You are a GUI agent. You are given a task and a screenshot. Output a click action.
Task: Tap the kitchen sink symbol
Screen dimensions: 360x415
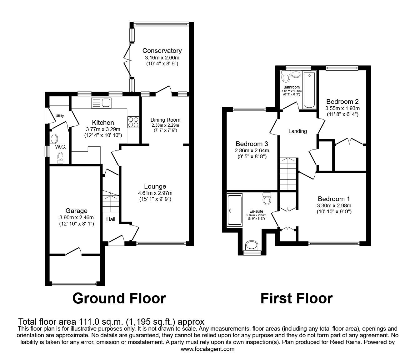[x=101, y=103]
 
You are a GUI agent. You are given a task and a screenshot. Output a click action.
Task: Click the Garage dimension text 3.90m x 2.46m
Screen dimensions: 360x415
[x=76, y=218]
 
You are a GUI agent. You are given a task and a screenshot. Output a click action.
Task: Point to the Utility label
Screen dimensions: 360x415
[x=60, y=116]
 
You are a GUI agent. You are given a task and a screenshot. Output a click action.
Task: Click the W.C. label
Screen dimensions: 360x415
[x=60, y=147]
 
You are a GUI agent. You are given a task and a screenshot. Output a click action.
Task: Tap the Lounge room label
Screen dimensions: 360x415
[x=155, y=187]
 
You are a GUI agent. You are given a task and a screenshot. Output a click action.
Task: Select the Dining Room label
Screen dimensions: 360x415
[x=165, y=120]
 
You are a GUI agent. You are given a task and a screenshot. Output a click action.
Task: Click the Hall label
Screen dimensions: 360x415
[x=110, y=219]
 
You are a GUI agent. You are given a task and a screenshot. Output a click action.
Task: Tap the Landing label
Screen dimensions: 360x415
[x=297, y=131]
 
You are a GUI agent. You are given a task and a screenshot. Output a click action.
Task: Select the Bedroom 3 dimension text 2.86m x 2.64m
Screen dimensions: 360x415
[x=252, y=150]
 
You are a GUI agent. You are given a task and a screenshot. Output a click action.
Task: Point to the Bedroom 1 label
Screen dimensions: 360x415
[x=334, y=199]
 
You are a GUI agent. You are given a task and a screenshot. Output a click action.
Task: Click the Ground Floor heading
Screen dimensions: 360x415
[x=119, y=298]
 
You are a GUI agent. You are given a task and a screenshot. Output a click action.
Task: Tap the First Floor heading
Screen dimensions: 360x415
[x=296, y=298]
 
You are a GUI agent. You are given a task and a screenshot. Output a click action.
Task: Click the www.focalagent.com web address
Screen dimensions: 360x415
[x=207, y=349]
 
